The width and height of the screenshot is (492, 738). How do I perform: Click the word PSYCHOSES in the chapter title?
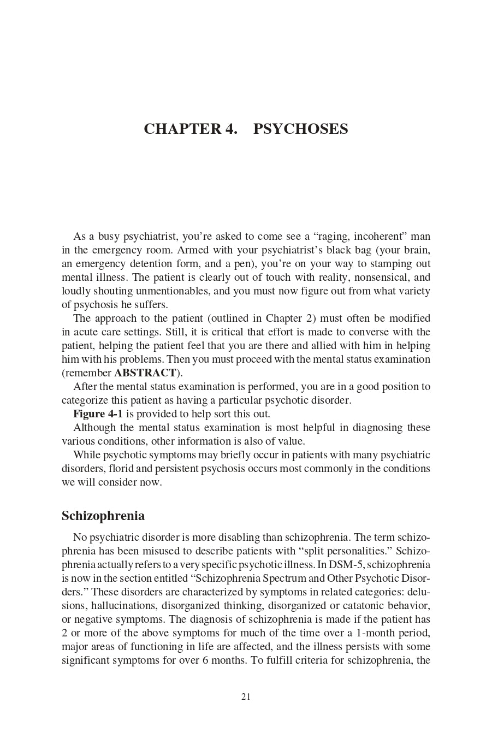[300, 129]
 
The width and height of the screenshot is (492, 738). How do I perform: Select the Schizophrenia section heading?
[103, 516]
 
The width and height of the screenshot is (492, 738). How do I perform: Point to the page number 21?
[246, 696]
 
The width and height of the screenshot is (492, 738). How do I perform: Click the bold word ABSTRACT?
[145, 373]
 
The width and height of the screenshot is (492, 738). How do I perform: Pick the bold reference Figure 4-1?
[98, 414]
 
